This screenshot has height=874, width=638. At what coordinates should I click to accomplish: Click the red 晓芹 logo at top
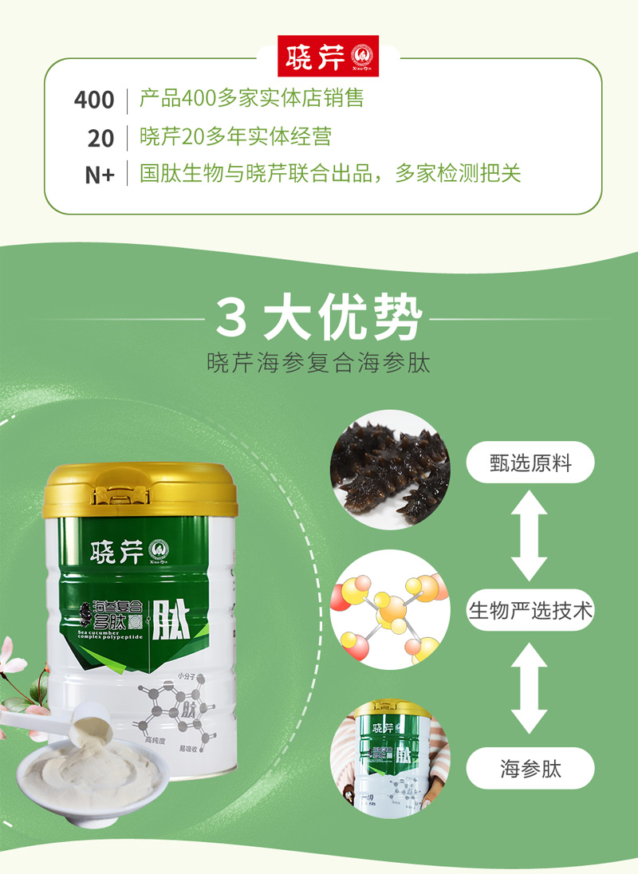click(329, 57)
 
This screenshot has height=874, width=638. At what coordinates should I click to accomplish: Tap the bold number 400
click(94, 100)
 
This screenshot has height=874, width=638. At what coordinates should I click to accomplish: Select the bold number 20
click(100, 139)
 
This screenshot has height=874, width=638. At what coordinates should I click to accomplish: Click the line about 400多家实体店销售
click(251, 99)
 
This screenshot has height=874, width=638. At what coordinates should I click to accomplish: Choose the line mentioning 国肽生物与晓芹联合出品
click(329, 174)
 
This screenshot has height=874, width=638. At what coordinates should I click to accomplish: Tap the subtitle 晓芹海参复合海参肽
click(319, 364)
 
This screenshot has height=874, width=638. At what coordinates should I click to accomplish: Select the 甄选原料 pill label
click(530, 463)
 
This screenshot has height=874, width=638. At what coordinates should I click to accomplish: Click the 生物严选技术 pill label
click(530, 611)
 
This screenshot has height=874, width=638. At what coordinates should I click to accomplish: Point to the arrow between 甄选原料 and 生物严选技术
click(530, 537)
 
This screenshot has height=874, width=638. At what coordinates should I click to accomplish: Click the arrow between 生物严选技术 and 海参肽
click(530, 688)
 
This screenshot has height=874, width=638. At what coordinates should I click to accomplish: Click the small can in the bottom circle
click(391, 758)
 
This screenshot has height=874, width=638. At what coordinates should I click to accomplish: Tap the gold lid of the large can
click(141, 489)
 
